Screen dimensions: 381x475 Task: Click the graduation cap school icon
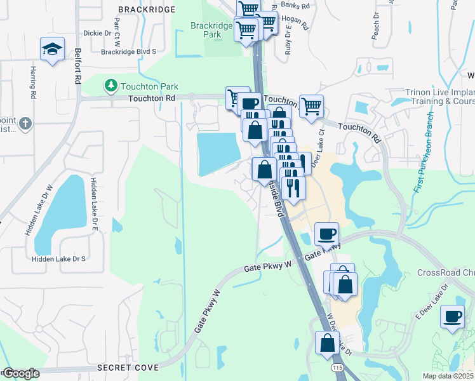51,49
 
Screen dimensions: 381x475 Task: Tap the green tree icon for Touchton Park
110,85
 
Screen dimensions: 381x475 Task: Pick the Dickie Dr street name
97,33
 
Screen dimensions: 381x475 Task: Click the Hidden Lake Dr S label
59,259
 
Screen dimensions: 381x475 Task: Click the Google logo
20,373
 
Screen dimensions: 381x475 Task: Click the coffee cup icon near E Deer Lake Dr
453,317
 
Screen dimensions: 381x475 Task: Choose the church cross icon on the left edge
24,123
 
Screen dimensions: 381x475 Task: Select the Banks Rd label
295,5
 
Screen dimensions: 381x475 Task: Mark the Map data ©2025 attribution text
447,376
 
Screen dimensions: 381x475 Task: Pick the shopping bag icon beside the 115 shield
327,343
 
